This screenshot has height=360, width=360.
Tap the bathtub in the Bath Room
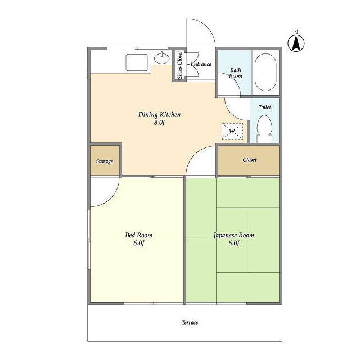pyautogui.click(x=265, y=73)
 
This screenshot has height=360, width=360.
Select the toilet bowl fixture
pyautogui.click(x=264, y=129)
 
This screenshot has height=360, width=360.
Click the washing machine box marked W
pyautogui.click(x=232, y=131)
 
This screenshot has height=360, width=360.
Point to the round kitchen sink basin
pyautogui.click(x=161, y=58)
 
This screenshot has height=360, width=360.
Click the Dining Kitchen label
pyautogui.click(x=159, y=114)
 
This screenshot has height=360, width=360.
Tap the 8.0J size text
pyautogui.click(x=159, y=123)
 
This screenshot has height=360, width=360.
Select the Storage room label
pyautogui.click(x=105, y=161)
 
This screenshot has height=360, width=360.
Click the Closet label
pyautogui.click(x=250, y=160)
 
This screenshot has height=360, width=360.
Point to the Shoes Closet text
pyautogui.click(x=180, y=65)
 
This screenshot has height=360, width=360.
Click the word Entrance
pyautogui.click(x=201, y=64)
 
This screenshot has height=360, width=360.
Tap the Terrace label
pyautogui.click(x=190, y=322)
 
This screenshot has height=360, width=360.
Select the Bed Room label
pyautogui.click(x=139, y=235)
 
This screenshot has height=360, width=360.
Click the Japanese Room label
pyautogui.click(x=234, y=235)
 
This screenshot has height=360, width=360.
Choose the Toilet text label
pyautogui.click(x=265, y=107)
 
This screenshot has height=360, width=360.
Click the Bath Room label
pyautogui.click(x=236, y=73)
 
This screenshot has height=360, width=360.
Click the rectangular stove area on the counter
pyautogui.click(x=136, y=62)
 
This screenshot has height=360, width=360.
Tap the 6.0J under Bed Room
pyautogui.click(x=139, y=243)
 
